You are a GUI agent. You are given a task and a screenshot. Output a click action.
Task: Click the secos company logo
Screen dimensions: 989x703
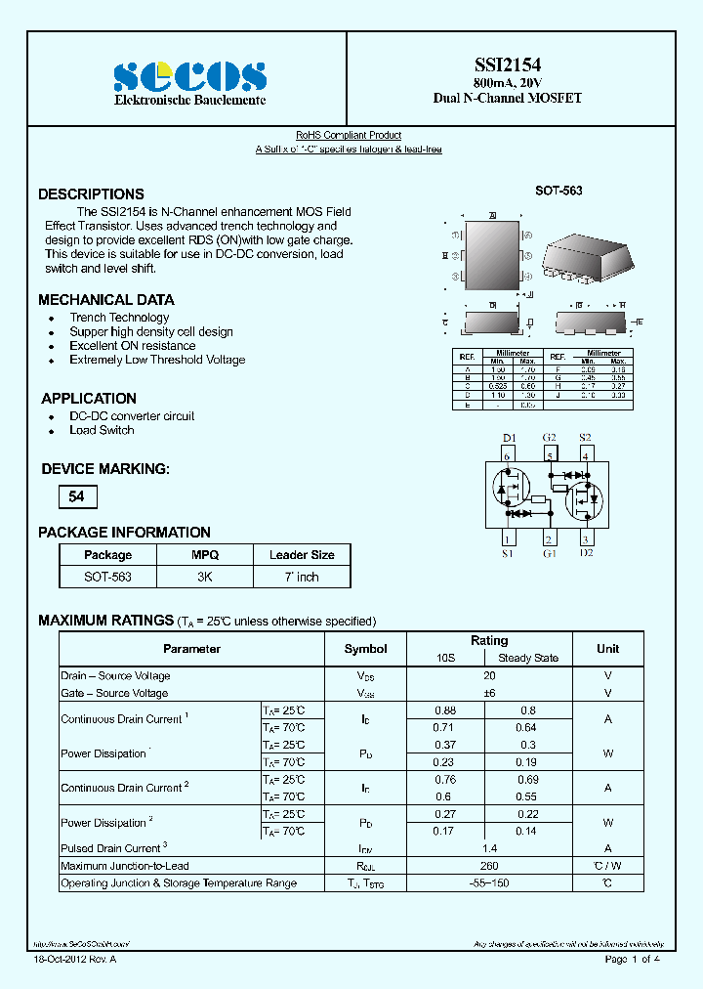[189, 77]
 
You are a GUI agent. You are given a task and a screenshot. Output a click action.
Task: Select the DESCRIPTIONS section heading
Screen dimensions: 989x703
[91, 194]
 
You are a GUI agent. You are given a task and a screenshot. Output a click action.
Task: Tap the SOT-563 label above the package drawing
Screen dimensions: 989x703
[558, 191]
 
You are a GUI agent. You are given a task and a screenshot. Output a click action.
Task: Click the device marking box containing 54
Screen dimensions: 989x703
[77, 496]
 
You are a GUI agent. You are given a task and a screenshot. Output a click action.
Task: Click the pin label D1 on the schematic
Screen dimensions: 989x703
[508, 438]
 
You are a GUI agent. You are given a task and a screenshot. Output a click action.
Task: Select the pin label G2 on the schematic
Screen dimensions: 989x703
[549, 438]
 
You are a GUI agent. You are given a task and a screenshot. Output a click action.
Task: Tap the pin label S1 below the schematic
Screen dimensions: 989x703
[508, 554]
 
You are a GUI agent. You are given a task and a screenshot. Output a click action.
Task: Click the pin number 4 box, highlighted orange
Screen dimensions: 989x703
[585, 454]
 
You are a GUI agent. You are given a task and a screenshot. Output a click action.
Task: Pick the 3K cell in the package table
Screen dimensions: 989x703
[205, 577]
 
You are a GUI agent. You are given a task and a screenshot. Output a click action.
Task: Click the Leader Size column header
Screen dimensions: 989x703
[302, 555]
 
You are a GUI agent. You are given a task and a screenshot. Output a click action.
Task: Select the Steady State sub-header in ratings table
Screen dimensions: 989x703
[528, 658]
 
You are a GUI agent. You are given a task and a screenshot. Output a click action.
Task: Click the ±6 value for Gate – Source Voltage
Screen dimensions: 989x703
[489, 693]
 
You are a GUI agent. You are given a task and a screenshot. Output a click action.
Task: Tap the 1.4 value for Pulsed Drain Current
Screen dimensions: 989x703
[489, 848]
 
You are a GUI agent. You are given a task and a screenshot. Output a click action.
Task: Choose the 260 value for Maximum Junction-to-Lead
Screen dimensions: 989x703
[489, 866]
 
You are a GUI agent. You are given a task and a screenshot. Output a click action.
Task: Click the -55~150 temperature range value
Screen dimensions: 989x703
[489, 883]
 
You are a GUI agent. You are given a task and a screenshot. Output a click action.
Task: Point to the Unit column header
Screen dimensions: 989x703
[607, 649]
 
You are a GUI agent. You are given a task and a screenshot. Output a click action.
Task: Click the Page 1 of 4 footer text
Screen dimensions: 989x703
[633, 960]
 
